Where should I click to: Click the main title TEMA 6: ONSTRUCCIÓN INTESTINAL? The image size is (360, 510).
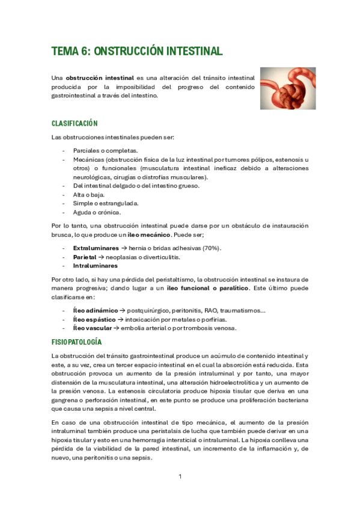pos(137,51)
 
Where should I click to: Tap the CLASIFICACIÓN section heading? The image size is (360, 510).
pos(75,123)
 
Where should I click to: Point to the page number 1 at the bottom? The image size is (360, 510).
pos(180,477)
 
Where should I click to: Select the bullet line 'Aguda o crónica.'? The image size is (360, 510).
pos(97,212)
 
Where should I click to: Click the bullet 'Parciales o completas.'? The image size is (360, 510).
pos(105,150)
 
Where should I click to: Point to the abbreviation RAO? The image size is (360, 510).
pos(210,310)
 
